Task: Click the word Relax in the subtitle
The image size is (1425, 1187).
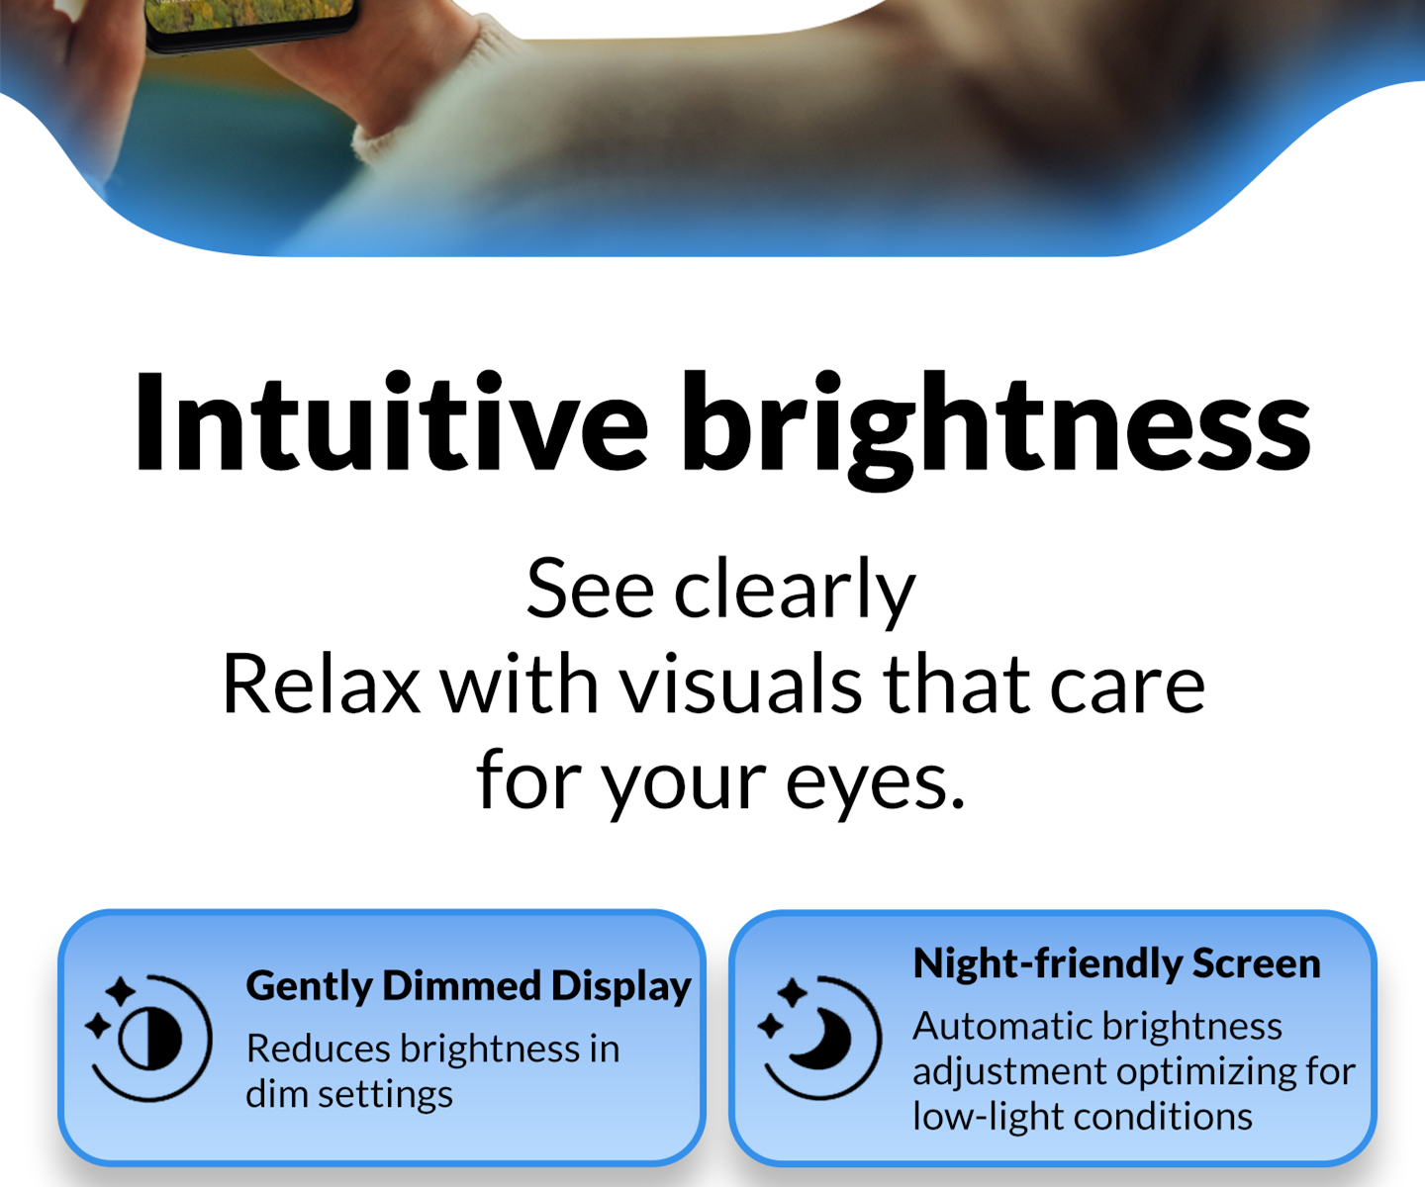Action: coord(321,684)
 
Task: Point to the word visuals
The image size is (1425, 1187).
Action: coord(741,684)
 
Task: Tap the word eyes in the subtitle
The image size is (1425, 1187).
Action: coord(875,784)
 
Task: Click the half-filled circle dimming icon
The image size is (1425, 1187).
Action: coord(148,1038)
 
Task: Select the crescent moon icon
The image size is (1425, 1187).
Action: coord(819,1038)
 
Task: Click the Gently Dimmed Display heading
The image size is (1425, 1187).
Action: coord(469,987)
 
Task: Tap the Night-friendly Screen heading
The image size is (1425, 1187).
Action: coord(1117,964)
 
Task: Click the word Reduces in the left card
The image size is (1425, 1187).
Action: coord(319,1049)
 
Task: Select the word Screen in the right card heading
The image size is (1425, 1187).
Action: coord(1257,963)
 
